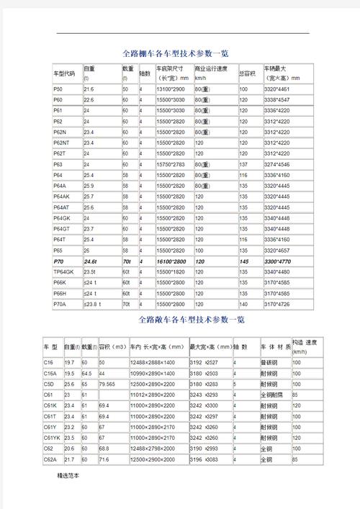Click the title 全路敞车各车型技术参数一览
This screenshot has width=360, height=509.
[x=180, y=318]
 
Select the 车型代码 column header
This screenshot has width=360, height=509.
[x=64, y=73]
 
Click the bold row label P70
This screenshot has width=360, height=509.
[x=58, y=261]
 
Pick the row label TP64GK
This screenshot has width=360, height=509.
[x=64, y=271]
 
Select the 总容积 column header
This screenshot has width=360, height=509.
[x=248, y=73]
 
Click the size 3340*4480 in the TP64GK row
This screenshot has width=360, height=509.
[x=276, y=271]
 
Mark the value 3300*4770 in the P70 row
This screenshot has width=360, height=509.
[x=276, y=261]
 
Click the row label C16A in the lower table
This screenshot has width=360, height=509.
[x=50, y=374]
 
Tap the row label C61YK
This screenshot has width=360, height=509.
[x=52, y=437]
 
